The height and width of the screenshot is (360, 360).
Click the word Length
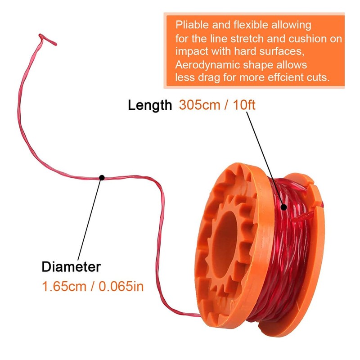point(150,105)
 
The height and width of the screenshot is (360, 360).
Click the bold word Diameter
point(71,266)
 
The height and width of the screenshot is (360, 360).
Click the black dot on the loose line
point(102,177)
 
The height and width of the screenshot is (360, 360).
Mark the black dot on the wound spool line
point(284,207)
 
